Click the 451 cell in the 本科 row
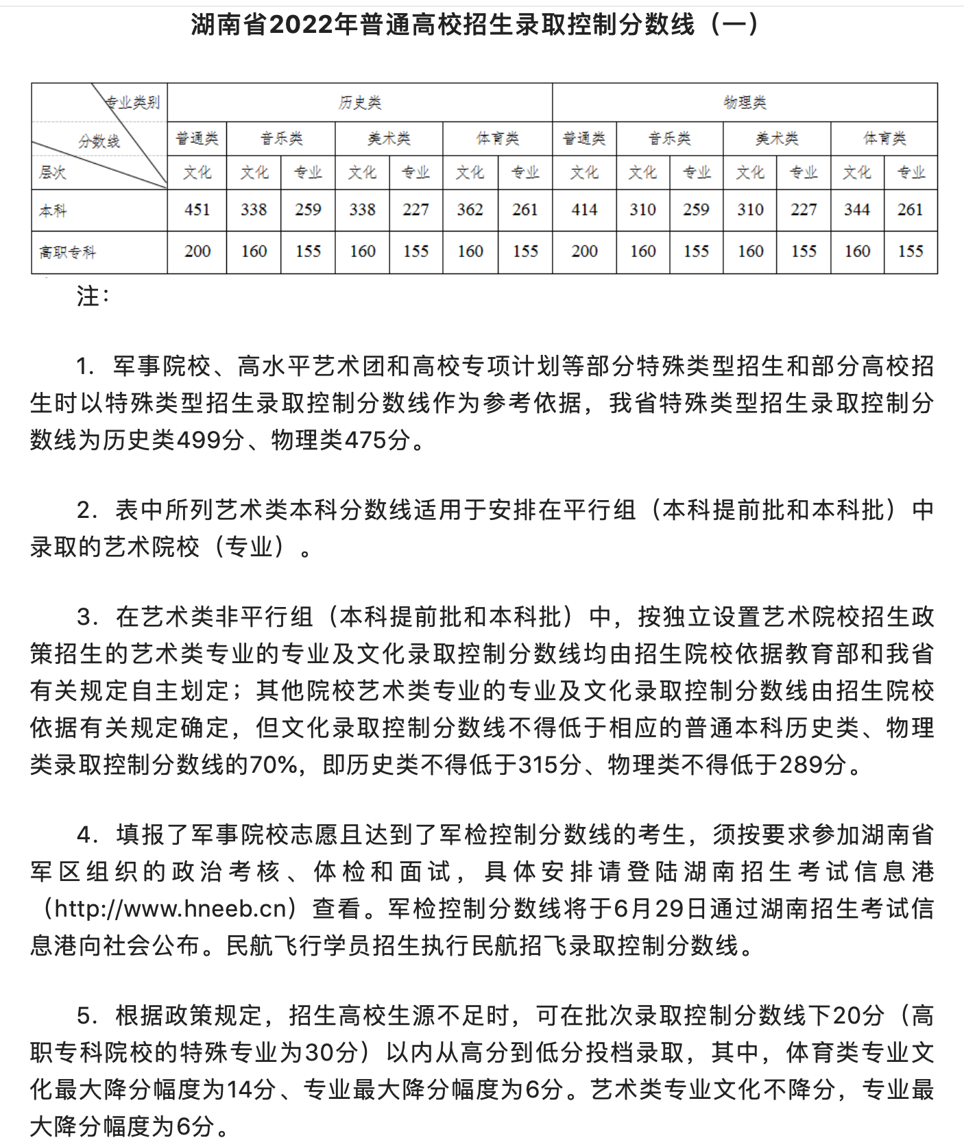(197, 210)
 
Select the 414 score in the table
(584, 210)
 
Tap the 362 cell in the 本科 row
(470, 210)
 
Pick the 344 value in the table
(857, 210)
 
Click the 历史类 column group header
(360, 103)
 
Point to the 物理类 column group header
(745, 103)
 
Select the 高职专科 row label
(67, 252)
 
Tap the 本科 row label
(53, 210)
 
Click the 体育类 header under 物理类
(884, 139)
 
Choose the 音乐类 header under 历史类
(281, 139)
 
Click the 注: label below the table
(93, 296)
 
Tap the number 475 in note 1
(365, 440)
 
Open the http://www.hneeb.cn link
(171, 908)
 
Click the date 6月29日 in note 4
(661, 908)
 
